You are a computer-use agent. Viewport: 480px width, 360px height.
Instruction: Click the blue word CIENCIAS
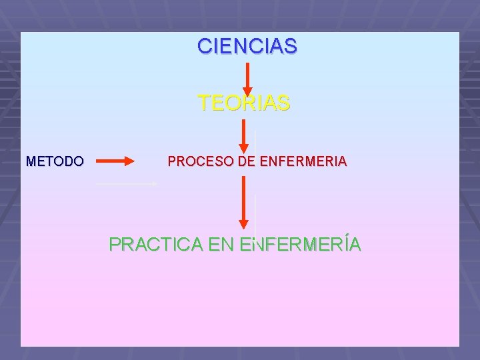[247, 47]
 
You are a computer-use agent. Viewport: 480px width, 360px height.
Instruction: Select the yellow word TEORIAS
[244, 103]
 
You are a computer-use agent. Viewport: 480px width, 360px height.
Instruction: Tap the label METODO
[55, 161]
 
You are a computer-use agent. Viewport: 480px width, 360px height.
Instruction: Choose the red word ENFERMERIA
[302, 161]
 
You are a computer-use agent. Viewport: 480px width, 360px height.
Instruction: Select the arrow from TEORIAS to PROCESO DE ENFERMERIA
[244, 137]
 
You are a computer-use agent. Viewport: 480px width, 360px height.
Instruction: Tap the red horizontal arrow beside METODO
[115, 161]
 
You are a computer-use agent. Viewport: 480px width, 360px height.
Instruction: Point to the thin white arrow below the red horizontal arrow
[127, 183]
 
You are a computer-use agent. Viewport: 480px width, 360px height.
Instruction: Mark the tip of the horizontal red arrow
[133, 161]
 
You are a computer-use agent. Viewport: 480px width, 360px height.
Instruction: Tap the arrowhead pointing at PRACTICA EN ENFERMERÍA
[244, 223]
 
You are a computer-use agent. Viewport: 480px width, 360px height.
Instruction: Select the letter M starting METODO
[30, 161]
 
